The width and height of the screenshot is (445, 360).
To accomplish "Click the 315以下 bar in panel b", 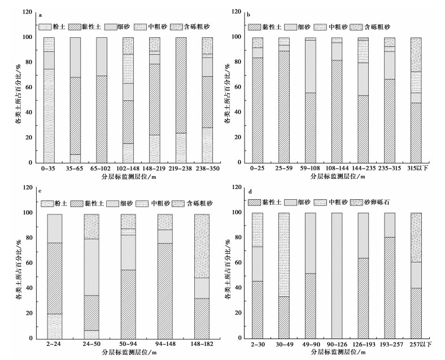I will click(x=416, y=100).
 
